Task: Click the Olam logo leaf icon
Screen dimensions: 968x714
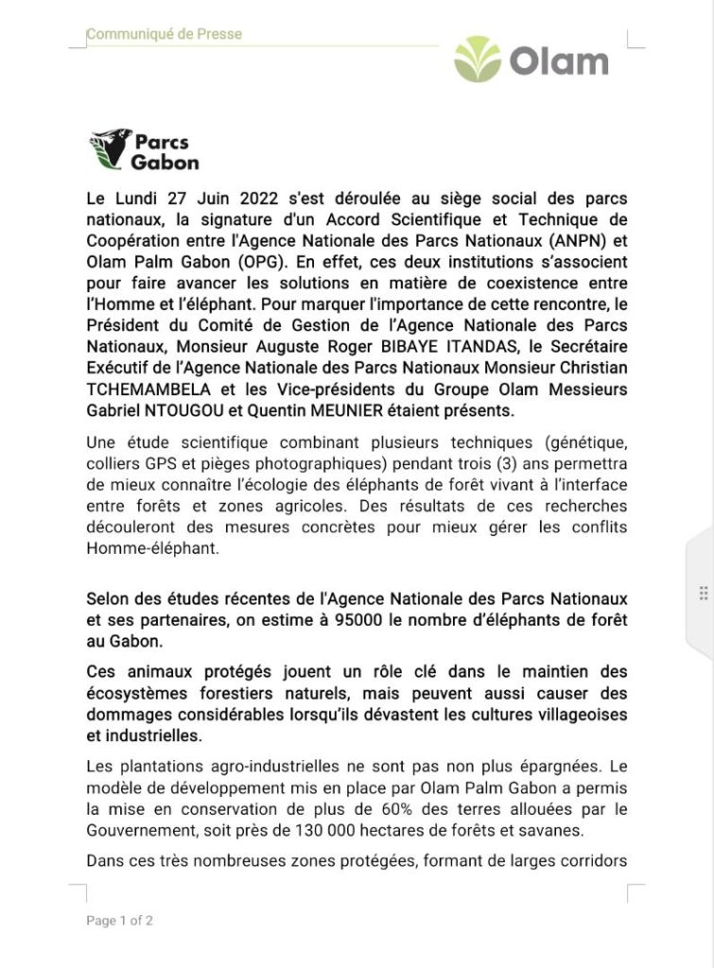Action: click(x=478, y=60)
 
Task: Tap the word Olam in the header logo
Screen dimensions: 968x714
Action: click(x=559, y=61)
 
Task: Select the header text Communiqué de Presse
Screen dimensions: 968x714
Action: click(x=164, y=34)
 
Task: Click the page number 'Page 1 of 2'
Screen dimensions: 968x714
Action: click(x=119, y=920)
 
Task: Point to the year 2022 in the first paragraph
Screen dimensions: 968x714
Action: click(x=238, y=199)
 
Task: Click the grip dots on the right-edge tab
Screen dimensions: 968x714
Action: click(x=703, y=593)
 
